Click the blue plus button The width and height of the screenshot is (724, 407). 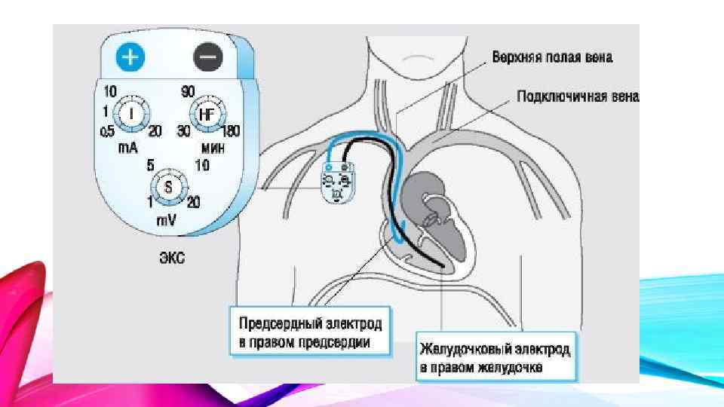click(x=130, y=57)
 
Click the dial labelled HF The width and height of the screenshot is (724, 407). click(x=206, y=115)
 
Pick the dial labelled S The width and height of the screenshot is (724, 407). click(x=168, y=185)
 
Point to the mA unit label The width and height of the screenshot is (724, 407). click(x=127, y=148)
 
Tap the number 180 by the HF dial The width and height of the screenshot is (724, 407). click(x=230, y=131)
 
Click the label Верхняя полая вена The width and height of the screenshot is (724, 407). click(x=552, y=57)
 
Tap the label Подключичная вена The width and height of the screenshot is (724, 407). click(x=578, y=96)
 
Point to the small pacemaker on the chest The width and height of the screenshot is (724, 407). click(x=338, y=182)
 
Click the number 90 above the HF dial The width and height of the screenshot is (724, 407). click(x=188, y=92)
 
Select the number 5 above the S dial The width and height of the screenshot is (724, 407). click(x=151, y=164)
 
